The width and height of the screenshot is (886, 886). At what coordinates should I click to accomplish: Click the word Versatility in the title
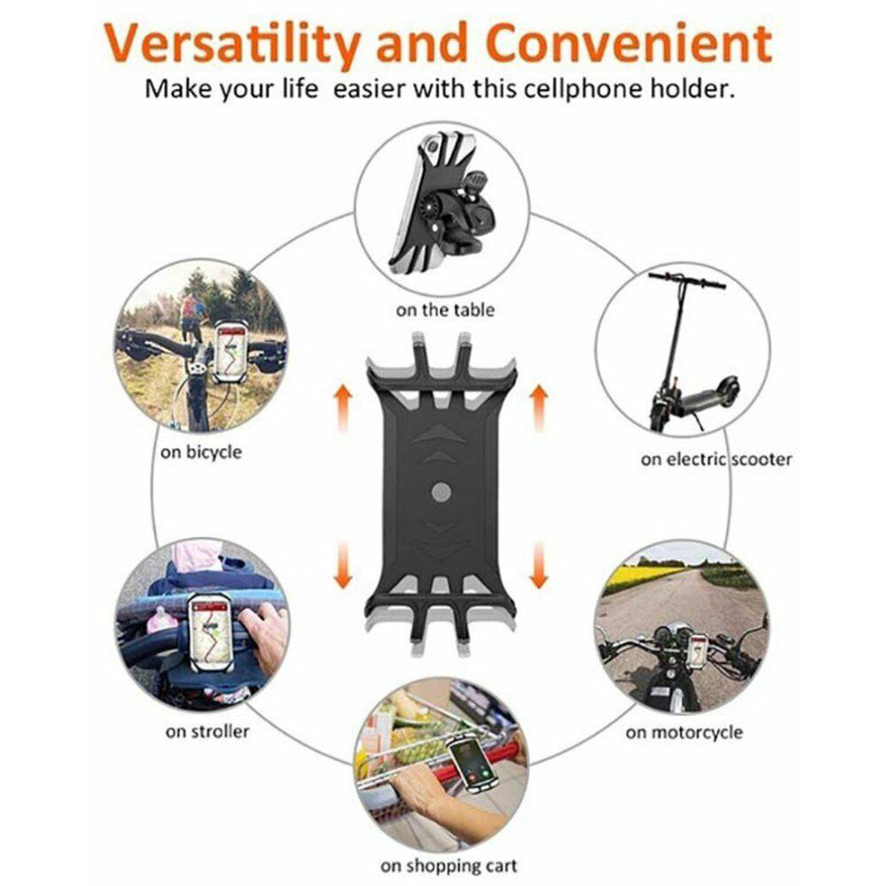click(x=232, y=43)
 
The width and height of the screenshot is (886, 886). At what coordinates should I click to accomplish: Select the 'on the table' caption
click(x=446, y=310)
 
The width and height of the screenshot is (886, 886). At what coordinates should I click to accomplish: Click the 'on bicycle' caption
click(x=200, y=453)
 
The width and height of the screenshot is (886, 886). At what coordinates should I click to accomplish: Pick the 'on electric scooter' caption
click(x=716, y=459)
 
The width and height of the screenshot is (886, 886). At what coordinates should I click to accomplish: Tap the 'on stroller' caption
click(x=207, y=732)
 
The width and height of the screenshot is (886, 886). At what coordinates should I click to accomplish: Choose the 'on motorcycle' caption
click(x=684, y=733)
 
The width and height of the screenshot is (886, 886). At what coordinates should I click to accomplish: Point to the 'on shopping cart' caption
click(x=448, y=866)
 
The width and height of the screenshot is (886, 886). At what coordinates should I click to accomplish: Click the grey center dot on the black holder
click(x=441, y=492)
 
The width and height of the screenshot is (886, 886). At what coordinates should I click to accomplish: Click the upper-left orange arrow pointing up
click(x=343, y=408)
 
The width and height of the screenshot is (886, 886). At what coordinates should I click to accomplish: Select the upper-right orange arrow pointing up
click(x=539, y=408)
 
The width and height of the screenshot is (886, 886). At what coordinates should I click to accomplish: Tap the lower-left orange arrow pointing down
click(x=343, y=564)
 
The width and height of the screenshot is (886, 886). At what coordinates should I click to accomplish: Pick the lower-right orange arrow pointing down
click(x=539, y=564)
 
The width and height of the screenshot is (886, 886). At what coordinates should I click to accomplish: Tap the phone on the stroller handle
click(x=210, y=631)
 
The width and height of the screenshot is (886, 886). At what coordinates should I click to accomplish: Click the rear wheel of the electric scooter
click(x=728, y=391)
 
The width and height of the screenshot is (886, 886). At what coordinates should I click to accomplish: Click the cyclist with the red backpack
click(x=192, y=316)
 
